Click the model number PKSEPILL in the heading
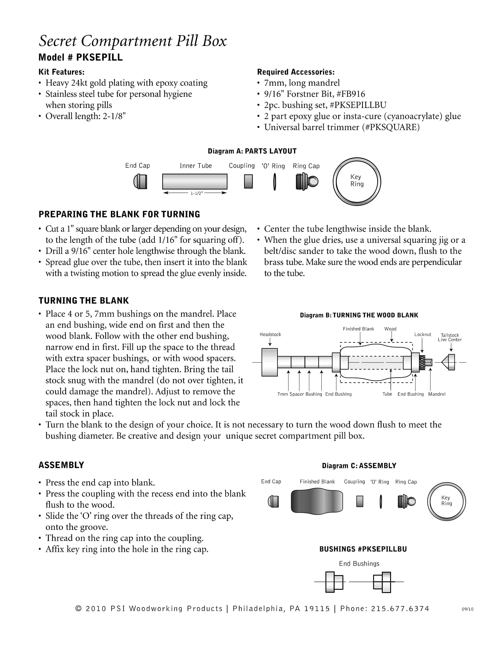[99, 57]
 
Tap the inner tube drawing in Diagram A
[195, 181]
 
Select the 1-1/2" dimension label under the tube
[197, 193]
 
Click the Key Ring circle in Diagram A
[357, 181]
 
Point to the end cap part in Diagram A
[140, 181]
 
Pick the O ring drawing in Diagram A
[275, 181]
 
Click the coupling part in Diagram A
[248, 181]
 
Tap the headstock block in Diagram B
[269, 362]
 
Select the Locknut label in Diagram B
[422, 334]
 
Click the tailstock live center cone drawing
[450, 362]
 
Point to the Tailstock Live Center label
[450, 337]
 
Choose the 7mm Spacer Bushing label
[299, 394]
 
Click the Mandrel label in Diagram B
[436, 394]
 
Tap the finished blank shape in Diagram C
[317, 501]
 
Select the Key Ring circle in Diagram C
[446, 501]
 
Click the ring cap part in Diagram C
[406, 501]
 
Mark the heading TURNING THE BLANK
[84, 301]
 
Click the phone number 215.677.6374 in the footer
[400, 609]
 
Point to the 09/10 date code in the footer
[467, 609]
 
